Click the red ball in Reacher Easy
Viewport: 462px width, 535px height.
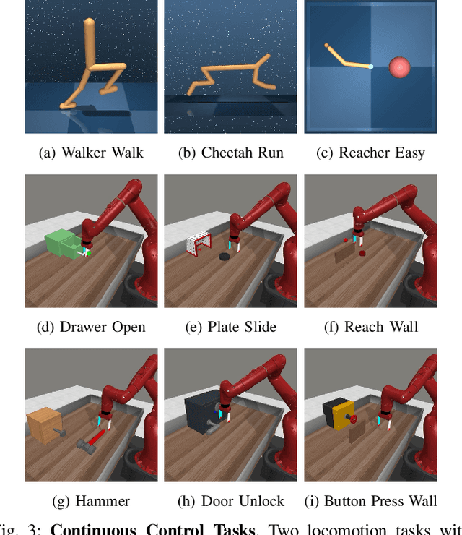[400, 68]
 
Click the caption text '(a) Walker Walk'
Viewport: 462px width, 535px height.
[91, 153]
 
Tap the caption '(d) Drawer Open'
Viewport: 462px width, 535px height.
[91, 327]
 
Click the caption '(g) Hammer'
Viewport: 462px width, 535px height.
[91, 501]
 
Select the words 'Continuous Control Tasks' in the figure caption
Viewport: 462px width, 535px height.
[152, 528]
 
